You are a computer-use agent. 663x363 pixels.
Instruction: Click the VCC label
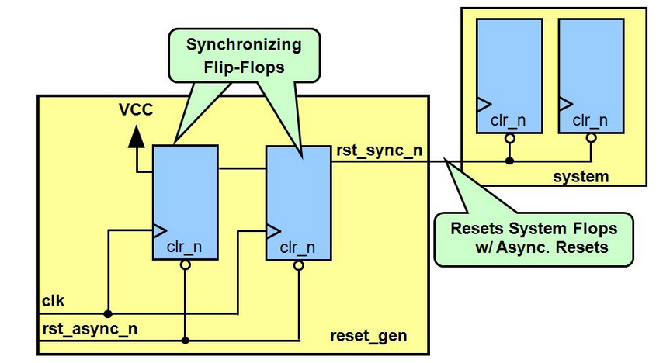[x=136, y=110]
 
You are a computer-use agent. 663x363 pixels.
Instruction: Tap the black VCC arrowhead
[x=136, y=137]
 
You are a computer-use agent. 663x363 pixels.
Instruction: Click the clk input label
[x=54, y=301]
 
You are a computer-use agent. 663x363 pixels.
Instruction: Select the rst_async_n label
[x=89, y=329]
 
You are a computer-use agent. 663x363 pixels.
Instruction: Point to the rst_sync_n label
[x=380, y=150]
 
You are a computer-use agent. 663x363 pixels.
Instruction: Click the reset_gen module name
[x=368, y=336]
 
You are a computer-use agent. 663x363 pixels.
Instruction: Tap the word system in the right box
[x=581, y=176]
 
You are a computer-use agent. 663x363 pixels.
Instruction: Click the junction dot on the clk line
[x=108, y=314]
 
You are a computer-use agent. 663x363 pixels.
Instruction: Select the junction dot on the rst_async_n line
[x=186, y=341]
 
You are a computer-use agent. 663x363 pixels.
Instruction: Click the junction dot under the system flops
[x=510, y=161]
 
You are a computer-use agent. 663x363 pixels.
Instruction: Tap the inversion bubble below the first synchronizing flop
[x=186, y=265]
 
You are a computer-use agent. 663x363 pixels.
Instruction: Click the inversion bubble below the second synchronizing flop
[x=299, y=265]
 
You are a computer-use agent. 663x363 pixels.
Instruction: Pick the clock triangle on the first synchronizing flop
[x=160, y=230]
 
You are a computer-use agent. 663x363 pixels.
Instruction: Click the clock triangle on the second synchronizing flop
[x=273, y=231]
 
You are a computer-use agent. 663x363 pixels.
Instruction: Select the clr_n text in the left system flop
[x=508, y=120]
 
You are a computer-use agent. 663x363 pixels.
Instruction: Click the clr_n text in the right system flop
[x=590, y=120]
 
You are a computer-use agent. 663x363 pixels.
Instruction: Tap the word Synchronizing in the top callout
[x=244, y=45]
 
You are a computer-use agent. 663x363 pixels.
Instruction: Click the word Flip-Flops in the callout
[x=244, y=67]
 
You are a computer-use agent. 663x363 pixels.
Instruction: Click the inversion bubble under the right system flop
[x=592, y=138]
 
